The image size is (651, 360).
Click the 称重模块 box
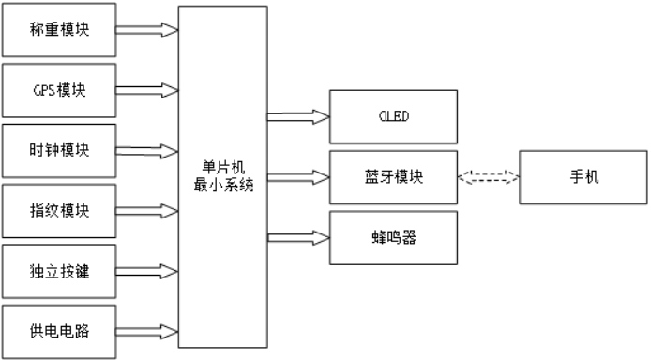[x=60, y=30]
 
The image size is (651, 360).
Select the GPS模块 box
[x=60, y=90]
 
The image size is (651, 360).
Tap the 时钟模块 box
[x=60, y=150]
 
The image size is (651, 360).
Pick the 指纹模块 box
[x=60, y=211]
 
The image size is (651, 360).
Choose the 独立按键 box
[x=60, y=272]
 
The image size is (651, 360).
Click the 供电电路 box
[x=60, y=331]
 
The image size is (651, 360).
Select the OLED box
[x=393, y=117]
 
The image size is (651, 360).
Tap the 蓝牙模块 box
[x=393, y=176]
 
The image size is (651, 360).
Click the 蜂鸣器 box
[x=393, y=237]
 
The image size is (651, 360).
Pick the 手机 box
[x=583, y=176]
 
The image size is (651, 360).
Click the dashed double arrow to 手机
[x=488, y=176]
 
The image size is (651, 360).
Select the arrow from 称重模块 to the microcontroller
[x=147, y=30]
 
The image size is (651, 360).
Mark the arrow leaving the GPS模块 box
[x=147, y=90]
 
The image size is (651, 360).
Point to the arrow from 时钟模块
[x=147, y=150]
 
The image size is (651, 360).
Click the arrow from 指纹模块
[x=147, y=211]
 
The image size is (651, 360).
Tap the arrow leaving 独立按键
[x=147, y=272]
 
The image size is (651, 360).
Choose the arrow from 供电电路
[x=147, y=331]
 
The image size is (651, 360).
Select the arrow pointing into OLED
[x=298, y=117]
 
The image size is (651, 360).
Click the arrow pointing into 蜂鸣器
[x=298, y=237]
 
